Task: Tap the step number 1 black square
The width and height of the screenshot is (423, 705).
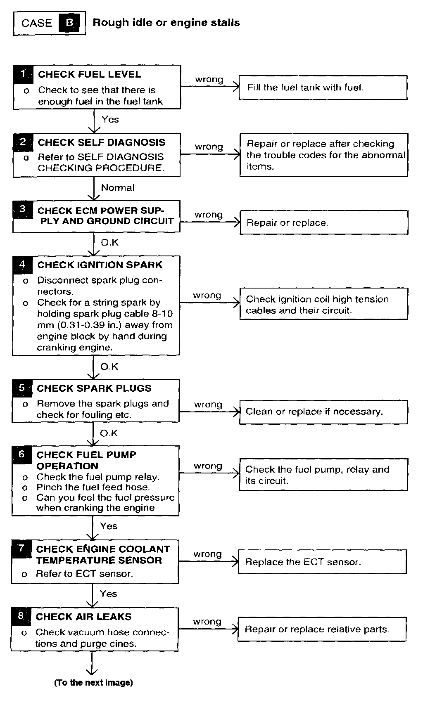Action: (x=23, y=74)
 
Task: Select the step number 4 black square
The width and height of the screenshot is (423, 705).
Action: (x=22, y=265)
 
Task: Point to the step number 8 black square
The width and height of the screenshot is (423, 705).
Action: (x=21, y=616)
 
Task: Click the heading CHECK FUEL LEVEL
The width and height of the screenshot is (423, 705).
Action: (x=89, y=75)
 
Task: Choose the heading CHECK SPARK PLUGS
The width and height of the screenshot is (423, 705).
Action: (x=94, y=388)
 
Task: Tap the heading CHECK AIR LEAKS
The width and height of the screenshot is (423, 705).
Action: (x=83, y=617)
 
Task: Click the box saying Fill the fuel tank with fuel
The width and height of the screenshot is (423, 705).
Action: (x=323, y=88)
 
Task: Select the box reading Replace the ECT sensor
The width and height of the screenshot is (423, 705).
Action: (x=322, y=562)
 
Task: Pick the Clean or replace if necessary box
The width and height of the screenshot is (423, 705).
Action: (x=323, y=412)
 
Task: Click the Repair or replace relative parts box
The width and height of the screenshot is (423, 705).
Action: (x=322, y=629)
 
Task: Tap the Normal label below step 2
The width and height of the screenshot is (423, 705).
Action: (x=118, y=188)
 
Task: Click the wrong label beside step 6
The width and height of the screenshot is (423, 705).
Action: (x=208, y=466)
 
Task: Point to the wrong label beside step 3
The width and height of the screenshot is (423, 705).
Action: (x=209, y=215)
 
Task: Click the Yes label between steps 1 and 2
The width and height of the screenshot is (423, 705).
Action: (x=110, y=120)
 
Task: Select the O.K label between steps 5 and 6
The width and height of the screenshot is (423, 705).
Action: (x=109, y=433)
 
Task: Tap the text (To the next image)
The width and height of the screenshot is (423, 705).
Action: (x=94, y=683)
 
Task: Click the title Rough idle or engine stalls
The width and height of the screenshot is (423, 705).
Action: (x=166, y=23)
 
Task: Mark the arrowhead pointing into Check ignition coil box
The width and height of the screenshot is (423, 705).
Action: (x=237, y=303)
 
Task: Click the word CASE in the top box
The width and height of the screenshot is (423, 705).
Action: (x=37, y=23)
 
